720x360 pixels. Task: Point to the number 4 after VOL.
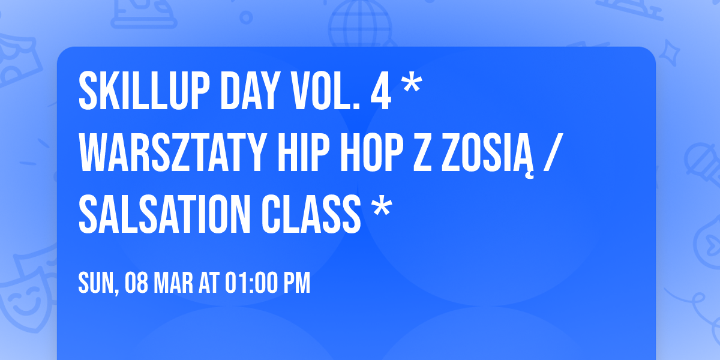[x=380, y=91]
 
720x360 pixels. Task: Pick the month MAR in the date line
[x=175, y=284]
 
